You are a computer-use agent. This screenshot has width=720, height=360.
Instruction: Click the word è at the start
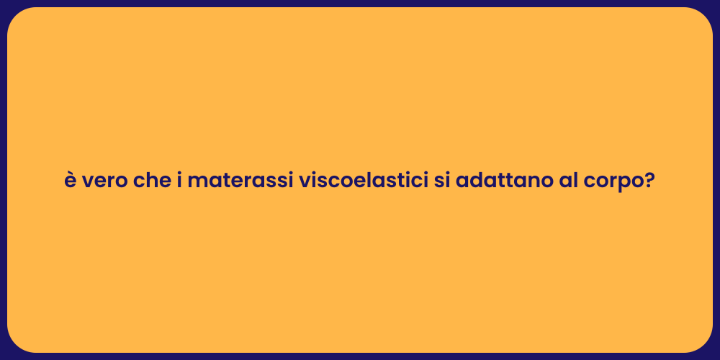[x=71, y=181]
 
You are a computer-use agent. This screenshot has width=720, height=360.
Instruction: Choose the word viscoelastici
[x=363, y=181]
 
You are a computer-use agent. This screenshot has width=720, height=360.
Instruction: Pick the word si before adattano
[x=441, y=181]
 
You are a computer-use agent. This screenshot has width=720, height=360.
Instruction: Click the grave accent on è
[x=70, y=173]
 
